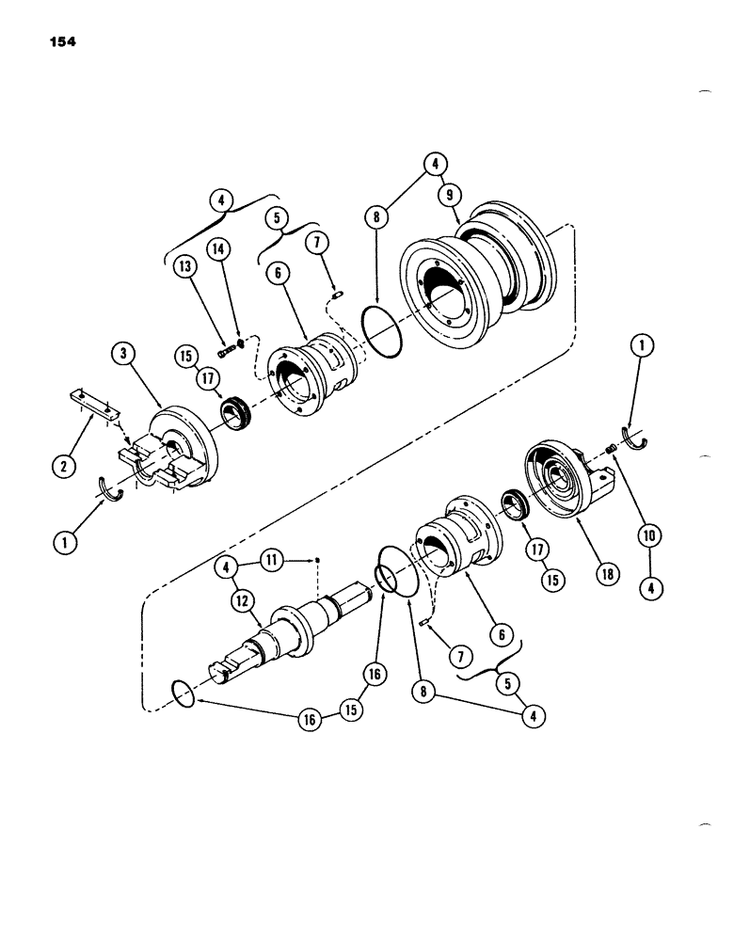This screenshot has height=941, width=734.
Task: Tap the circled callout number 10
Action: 649,534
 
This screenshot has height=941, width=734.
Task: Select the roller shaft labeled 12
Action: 282,640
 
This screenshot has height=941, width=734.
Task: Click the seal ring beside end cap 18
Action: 516,503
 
